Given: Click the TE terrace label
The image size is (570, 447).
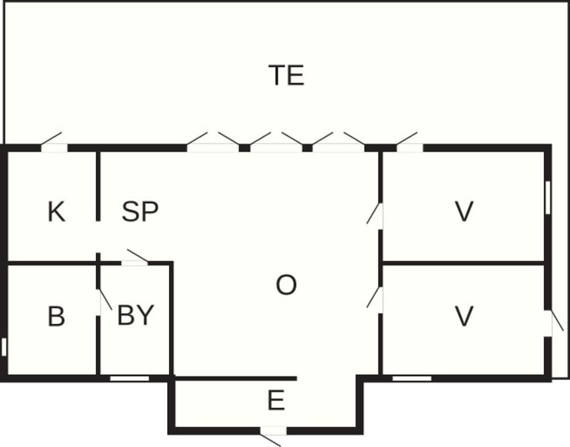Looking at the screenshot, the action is [x=287, y=75].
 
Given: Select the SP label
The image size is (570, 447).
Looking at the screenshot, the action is [x=140, y=211].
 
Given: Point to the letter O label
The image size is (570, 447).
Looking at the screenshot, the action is [x=286, y=285].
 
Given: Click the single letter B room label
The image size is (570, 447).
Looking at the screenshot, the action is [x=56, y=316].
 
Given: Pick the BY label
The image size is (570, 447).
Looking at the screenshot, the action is [x=136, y=315].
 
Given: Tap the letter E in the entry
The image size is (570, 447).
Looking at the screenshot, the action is [x=276, y=400].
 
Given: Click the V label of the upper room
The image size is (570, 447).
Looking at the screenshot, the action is [x=464, y=211].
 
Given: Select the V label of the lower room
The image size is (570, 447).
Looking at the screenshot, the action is [x=464, y=316].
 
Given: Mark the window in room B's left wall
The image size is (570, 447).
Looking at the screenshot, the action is [x=4, y=347].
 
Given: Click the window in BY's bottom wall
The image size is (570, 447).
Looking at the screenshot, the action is [x=129, y=378].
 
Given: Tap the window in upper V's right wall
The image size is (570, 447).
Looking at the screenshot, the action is [x=548, y=198].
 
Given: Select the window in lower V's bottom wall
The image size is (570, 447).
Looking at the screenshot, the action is [x=412, y=378].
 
